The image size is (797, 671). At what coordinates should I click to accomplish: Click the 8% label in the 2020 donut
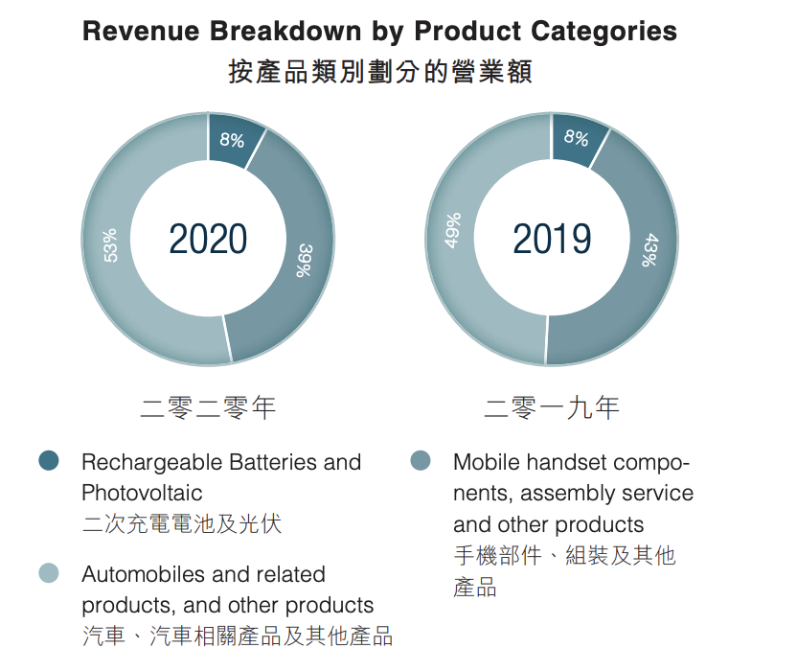pyautogui.click(x=232, y=141)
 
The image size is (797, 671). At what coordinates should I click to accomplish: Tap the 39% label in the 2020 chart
pyautogui.click(x=305, y=259)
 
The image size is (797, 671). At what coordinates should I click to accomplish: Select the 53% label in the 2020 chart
pyautogui.click(x=111, y=245)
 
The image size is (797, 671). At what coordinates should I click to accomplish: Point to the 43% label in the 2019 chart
pyautogui.click(x=649, y=251)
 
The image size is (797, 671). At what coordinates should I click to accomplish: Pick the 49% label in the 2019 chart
pyautogui.click(x=454, y=230)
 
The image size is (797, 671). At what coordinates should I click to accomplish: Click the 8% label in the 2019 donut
pyautogui.click(x=576, y=138)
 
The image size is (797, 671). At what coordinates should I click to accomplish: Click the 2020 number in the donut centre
pyautogui.click(x=208, y=239)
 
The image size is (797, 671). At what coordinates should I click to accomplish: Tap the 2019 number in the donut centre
pyautogui.click(x=552, y=239)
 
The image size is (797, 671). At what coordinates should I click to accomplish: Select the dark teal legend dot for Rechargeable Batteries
pyautogui.click(x=49, y=461)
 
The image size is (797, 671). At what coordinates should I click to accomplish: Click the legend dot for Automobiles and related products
pyautogui.click(x=49, y=573)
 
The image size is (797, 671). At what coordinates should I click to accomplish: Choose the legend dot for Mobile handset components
pyautogui.click(x=420, y=461)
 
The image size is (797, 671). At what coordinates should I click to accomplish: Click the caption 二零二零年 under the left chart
pyautogui.click(x=208, y=408)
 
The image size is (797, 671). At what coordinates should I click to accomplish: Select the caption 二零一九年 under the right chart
pyautogui.click(x=552, y=408)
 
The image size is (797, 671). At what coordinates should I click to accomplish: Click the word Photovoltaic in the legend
pyautogui.click(x=142, y=493)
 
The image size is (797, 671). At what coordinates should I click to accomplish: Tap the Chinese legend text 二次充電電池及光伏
pyautogui.click(x=182, y=524)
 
